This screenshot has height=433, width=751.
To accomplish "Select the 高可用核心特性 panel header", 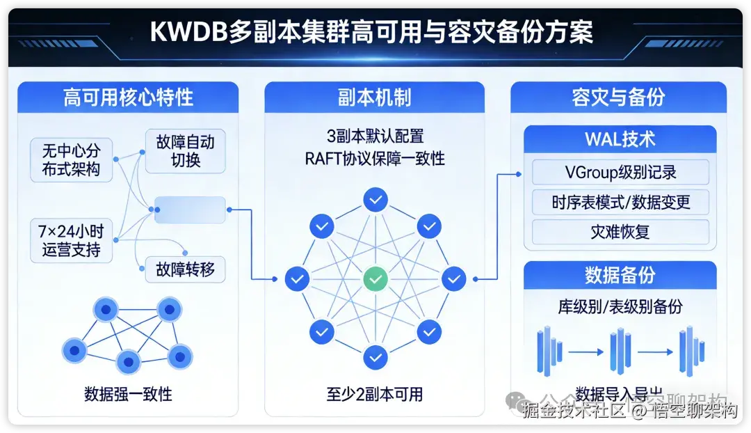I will [x=128, y=97].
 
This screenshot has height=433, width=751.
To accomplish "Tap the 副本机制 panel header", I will [x=374, y=97].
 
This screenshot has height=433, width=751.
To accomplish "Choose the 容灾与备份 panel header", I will [x=618, y=97].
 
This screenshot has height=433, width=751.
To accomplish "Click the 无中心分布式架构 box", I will [x=71, y=159].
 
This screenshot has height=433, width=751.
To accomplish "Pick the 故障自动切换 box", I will [x=185, y=151].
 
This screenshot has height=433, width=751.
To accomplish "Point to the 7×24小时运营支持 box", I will [x=71, y=240].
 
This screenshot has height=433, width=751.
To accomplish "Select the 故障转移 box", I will [x=185, y=269].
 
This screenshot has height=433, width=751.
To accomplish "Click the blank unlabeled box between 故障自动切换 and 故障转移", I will [x=190, y=210].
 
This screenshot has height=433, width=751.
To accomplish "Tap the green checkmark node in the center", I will [x=375, y=279].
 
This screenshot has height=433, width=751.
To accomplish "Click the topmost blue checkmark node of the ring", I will [x=375, y=200].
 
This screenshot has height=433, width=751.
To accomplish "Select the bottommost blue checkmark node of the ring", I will [x=375, y=357].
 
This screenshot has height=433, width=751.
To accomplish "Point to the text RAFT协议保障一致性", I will [x=375, y=159].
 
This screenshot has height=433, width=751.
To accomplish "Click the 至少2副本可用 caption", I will [x=375, y=393].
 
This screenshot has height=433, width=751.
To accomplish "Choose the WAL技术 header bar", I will [x=620, y=139].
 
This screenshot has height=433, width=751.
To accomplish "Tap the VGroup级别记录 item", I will [x=620, y=172].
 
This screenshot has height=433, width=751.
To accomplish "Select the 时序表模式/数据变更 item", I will [x=620, y=202].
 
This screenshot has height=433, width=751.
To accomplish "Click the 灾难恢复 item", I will [x=620, y=232].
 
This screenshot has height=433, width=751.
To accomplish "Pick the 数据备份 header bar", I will [x=620, y=274].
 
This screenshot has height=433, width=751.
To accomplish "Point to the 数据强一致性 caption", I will [x=128, y=393].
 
